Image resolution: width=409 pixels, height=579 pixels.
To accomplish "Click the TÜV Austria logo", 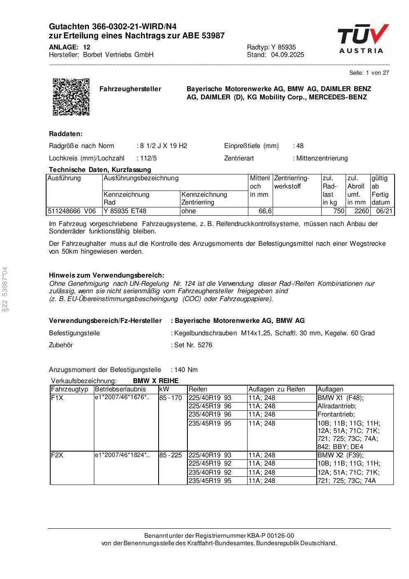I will [362, 39].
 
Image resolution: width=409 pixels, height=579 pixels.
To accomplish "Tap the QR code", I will [71, 97].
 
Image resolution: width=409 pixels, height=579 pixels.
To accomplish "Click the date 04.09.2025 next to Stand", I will [287, 55].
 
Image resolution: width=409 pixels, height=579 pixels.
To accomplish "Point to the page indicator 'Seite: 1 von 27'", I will [369, 73].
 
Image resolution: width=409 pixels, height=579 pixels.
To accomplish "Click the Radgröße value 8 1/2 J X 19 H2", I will [164, 146].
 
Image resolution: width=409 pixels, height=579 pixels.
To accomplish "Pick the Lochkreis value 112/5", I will [148, 158].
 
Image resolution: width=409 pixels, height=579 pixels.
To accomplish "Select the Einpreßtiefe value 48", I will [300, 146].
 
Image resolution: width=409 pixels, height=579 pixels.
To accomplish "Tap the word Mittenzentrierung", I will [322, 158].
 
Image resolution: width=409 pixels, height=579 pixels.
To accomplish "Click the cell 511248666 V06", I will [72, 211].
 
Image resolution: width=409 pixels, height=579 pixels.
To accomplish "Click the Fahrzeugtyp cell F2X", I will [57, 455].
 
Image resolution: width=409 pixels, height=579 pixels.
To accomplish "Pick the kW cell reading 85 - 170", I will [171, 398].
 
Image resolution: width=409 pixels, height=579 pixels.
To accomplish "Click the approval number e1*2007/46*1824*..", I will [122, 455].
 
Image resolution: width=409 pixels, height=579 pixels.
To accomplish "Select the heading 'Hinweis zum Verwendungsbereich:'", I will [106, 275].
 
